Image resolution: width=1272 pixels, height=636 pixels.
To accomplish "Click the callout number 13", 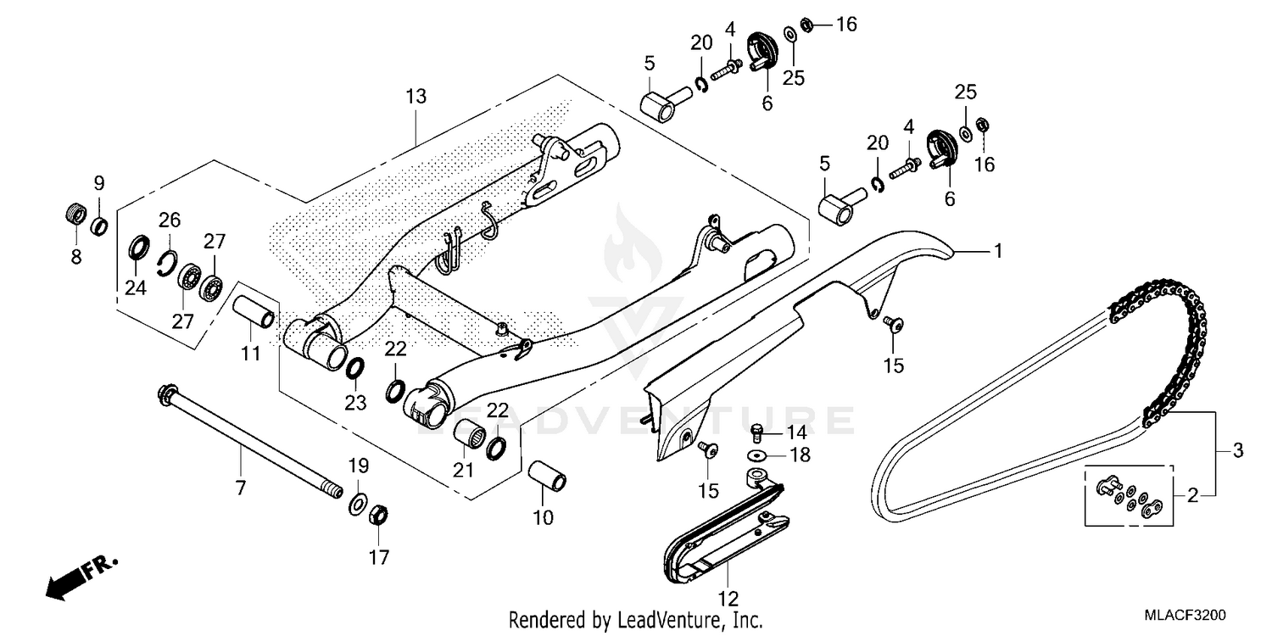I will point(416,96).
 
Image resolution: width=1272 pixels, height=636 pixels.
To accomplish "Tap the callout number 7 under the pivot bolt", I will point(240,487).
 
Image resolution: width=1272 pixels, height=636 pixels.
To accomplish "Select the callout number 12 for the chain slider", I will point(730,599).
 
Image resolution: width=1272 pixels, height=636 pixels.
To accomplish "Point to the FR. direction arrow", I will point(81,576).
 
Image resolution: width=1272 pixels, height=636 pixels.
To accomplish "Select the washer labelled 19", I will point(358,506).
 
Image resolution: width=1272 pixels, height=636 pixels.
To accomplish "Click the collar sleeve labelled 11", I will point(255,311).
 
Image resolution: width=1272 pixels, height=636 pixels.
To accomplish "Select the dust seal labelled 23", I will point(355,368).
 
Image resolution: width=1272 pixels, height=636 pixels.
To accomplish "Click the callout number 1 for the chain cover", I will point(998,251).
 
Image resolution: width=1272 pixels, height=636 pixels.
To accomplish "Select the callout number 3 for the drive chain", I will point(1237,450).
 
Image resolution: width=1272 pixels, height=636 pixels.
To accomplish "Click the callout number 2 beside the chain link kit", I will point(1192,496).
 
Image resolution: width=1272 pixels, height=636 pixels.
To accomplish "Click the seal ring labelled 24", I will point(136,250).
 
